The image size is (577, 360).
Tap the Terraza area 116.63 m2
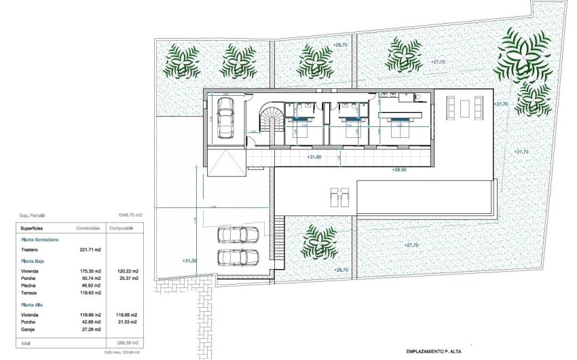(x=89, y=293)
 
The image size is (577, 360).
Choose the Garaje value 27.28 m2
(x=90, y=329)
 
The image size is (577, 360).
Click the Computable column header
(x=126, y=229)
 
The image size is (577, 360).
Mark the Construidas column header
(x=89, y=229)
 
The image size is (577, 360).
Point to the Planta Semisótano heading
(x=41, y=240)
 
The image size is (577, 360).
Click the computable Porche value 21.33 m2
(x=127, y=322)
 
